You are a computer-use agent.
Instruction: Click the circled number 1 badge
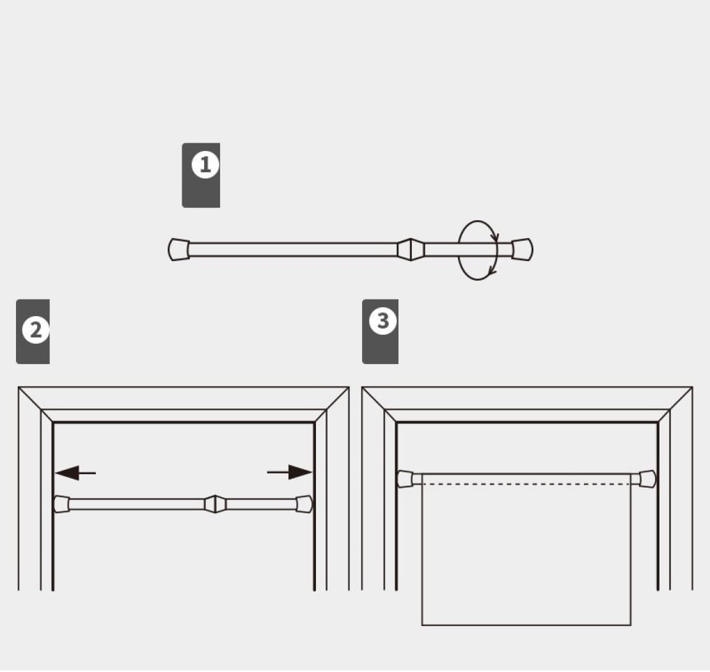205,164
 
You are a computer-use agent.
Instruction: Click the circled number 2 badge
36,330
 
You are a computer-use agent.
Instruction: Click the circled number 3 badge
383,321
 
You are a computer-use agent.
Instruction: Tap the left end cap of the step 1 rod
179,250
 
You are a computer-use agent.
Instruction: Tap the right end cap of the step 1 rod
523,249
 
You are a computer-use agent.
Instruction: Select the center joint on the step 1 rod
411,249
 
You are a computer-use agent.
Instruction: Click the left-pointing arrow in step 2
75,473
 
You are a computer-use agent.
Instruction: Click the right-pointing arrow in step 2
289,472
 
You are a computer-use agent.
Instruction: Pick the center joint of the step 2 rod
215,504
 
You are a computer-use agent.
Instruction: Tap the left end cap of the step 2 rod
61,504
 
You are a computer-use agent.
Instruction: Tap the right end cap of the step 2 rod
304,504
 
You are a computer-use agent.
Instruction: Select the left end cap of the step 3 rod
406,479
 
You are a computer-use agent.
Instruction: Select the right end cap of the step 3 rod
647,479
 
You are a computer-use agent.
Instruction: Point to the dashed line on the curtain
526,484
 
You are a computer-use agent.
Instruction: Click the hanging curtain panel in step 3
526,553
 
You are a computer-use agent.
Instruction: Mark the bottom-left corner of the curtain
422,625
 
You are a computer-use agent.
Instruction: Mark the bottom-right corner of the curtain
631,625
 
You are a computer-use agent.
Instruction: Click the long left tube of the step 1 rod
293,250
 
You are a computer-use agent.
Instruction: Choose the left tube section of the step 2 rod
137,504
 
